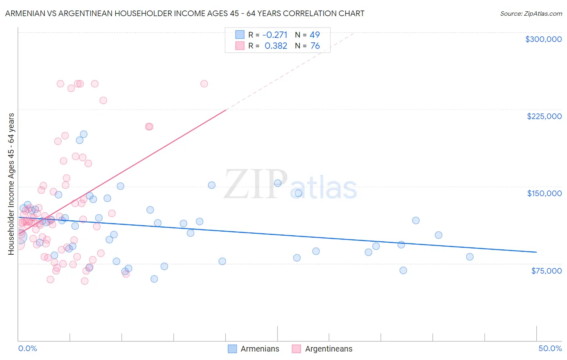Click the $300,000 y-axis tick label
coord(543,39)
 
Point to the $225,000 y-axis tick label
coord(544,116)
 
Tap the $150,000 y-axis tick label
coord(544,193)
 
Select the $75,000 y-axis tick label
coord(546,271)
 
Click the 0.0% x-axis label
coord(27,348)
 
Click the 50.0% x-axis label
coord(550,348)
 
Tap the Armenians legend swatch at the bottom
coord(232,349)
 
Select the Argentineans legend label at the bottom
coord(328,349)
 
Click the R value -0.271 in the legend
coord(275,35)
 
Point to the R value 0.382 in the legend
coord(276,46)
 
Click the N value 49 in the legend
coord(315,35)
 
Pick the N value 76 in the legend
coord(315,46)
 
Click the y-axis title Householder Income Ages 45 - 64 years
coord(11,184)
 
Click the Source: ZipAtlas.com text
coord(531,13)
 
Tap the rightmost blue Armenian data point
coord(469,257)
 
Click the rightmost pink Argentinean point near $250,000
coord(204,84)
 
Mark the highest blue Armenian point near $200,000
coord(83,134)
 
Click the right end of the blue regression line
coord(536,252)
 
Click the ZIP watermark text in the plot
coord(255,184)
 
